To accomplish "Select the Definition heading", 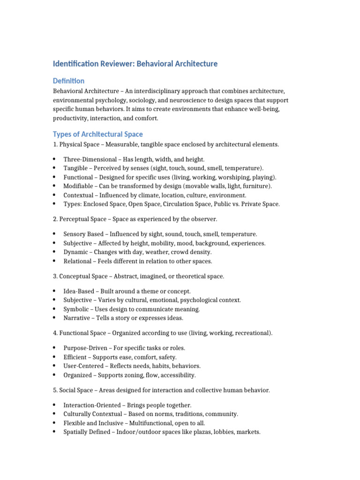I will (68, 81).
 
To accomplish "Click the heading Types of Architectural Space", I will (98, 134).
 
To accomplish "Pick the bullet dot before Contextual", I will (54, 195).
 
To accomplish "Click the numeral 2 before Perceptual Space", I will (54, 219).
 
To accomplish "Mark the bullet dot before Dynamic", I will (54, 252).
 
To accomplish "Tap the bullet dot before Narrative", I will (54, 318).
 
